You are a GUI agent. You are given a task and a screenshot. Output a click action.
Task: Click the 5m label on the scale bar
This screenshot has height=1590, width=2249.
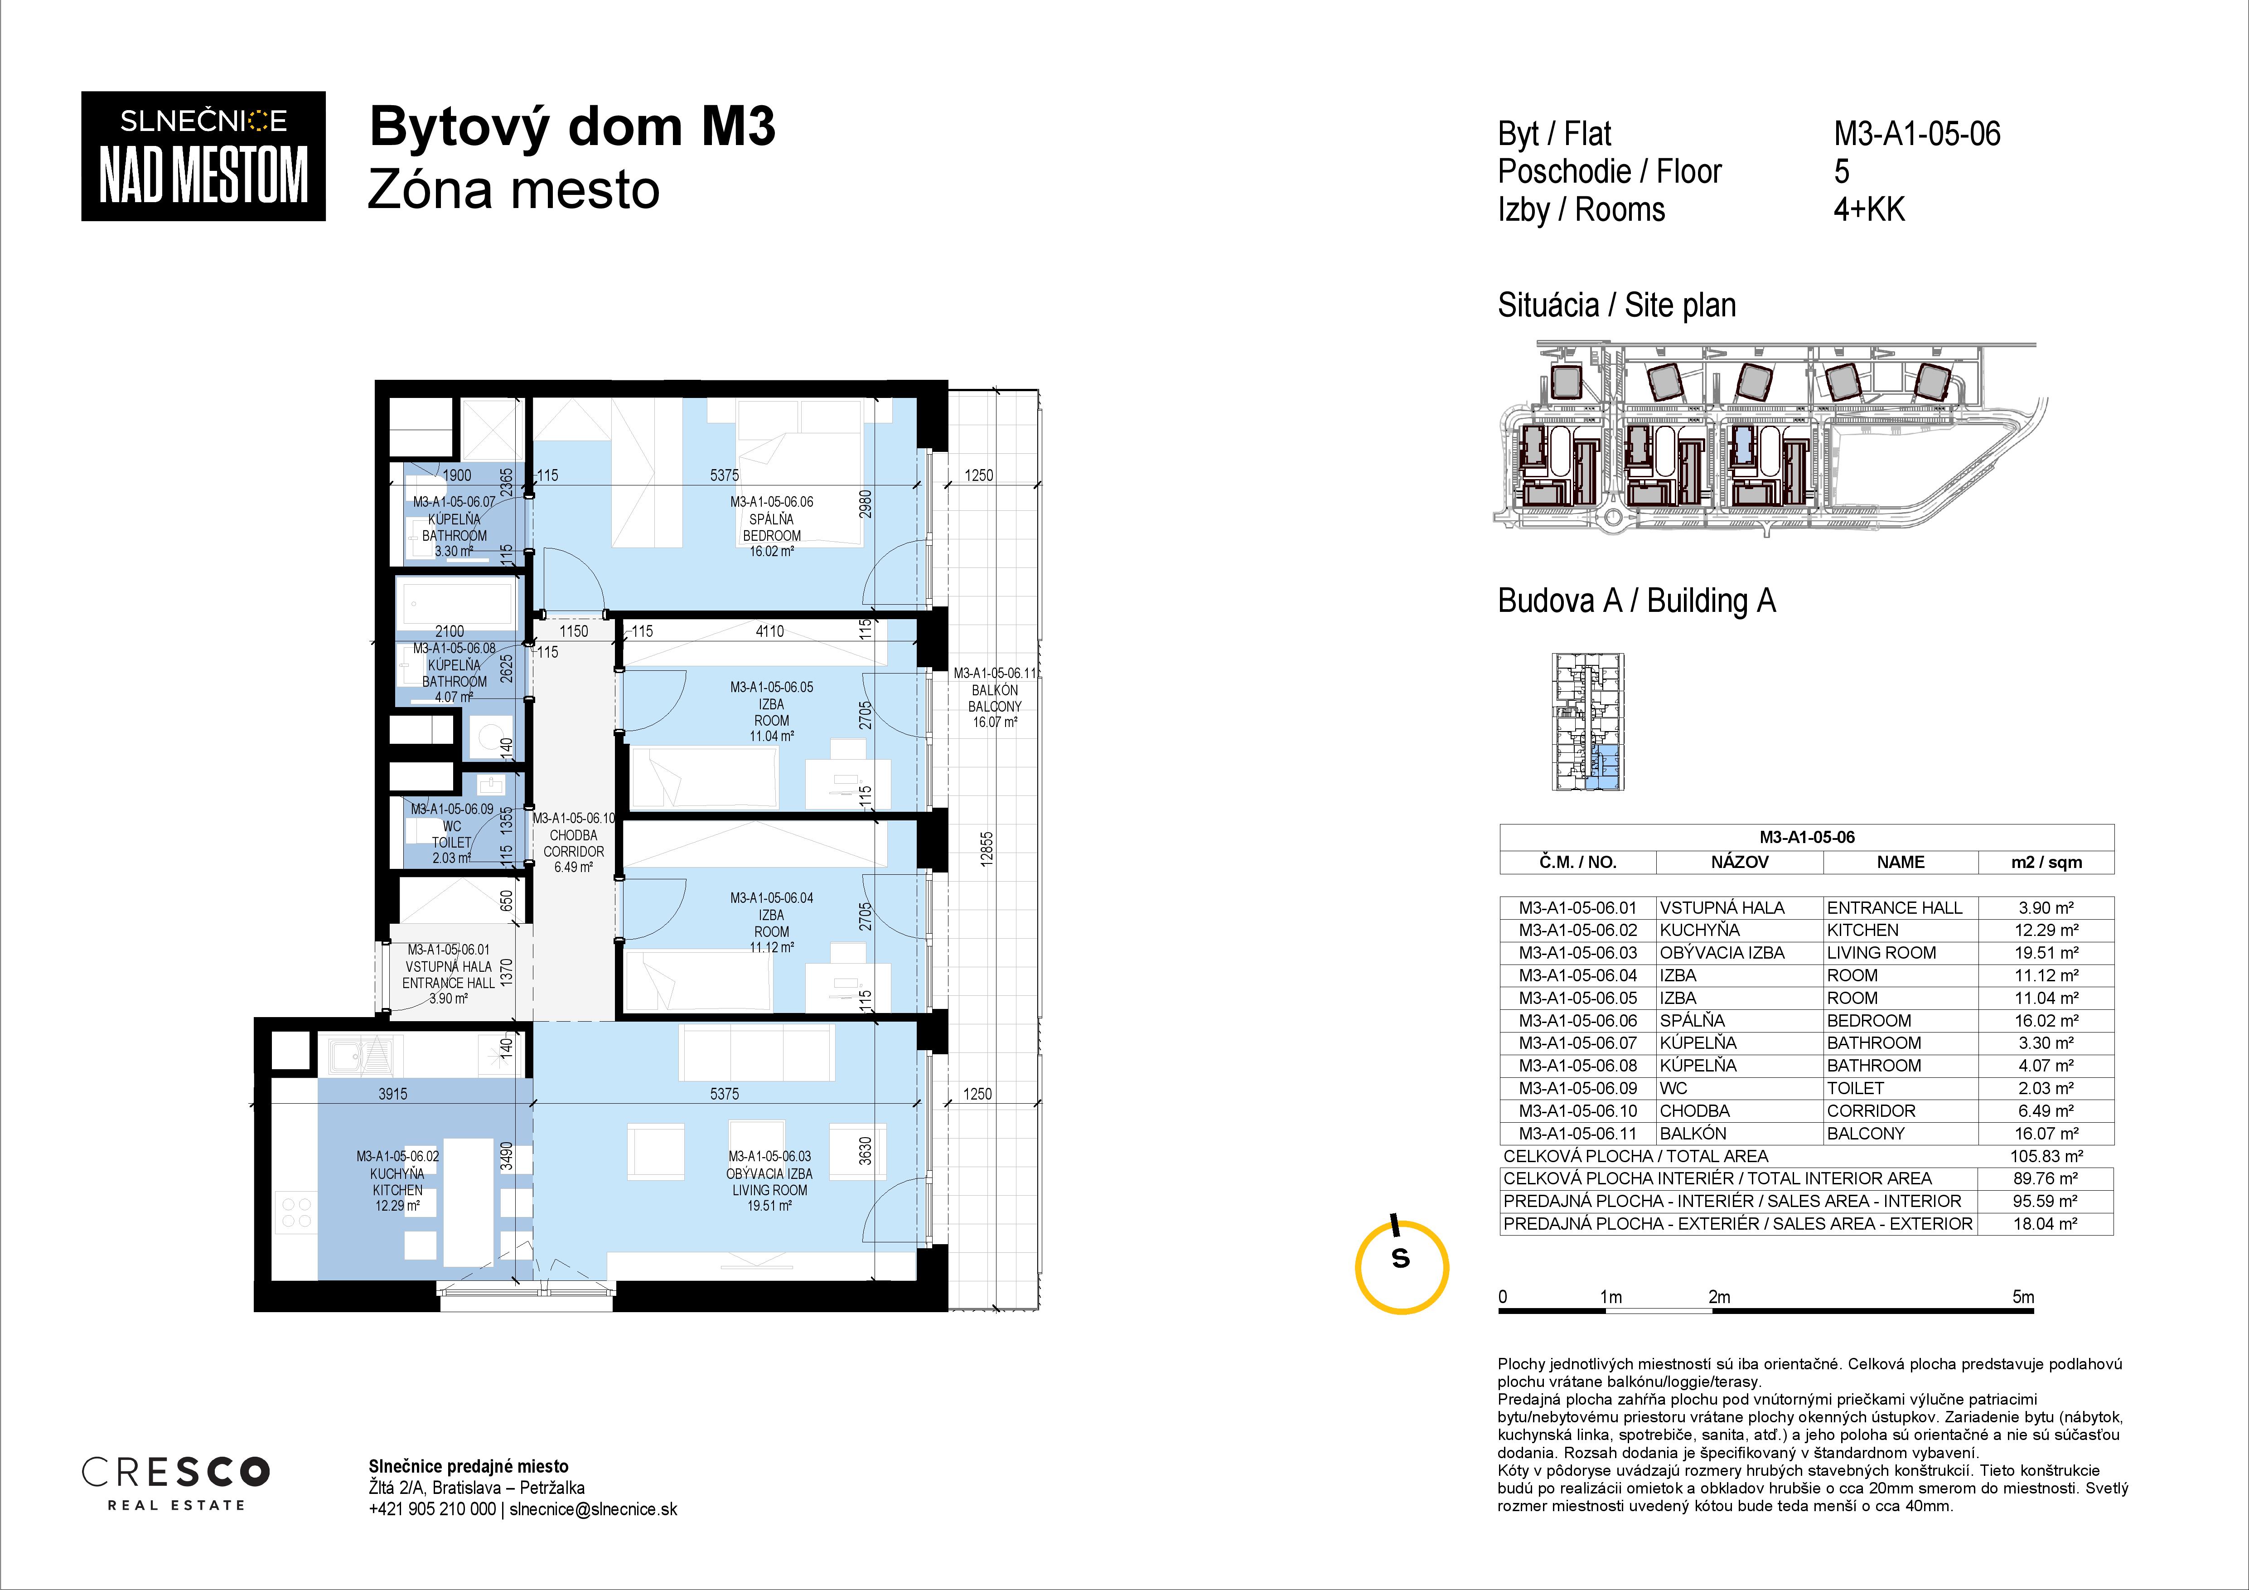click(x=2023, y=1297)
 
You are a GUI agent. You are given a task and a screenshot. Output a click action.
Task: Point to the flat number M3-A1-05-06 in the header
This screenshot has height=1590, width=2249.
click(x=1917, y=134)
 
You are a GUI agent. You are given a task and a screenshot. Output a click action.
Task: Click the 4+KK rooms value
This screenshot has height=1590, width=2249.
click(x=1869, y=210)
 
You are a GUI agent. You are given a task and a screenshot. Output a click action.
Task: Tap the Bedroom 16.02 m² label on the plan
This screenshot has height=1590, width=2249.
click(x=772, y=527)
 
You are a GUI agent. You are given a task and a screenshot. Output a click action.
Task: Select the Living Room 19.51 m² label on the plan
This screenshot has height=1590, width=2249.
click(x=770, y=1182)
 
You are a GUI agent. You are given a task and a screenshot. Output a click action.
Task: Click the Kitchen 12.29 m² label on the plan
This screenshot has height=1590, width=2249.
click(x=398, y=1182)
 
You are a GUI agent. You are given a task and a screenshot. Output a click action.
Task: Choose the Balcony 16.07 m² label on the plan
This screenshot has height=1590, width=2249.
click(x=995, y=698)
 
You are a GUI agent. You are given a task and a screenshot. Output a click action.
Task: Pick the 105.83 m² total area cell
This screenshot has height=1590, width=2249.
click(x=2046, y=1156)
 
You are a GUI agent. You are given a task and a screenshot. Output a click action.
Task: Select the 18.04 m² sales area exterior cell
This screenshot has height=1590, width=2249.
click(x=2046, y=1224)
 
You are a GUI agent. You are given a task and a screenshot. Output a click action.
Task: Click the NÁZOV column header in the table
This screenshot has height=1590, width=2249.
click(x=1740, y=862)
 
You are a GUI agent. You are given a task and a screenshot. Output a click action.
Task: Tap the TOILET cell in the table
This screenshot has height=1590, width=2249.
click(x=1855, y=1088)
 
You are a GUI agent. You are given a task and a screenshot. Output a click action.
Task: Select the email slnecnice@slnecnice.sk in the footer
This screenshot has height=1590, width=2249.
click(x=594, y=1510)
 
